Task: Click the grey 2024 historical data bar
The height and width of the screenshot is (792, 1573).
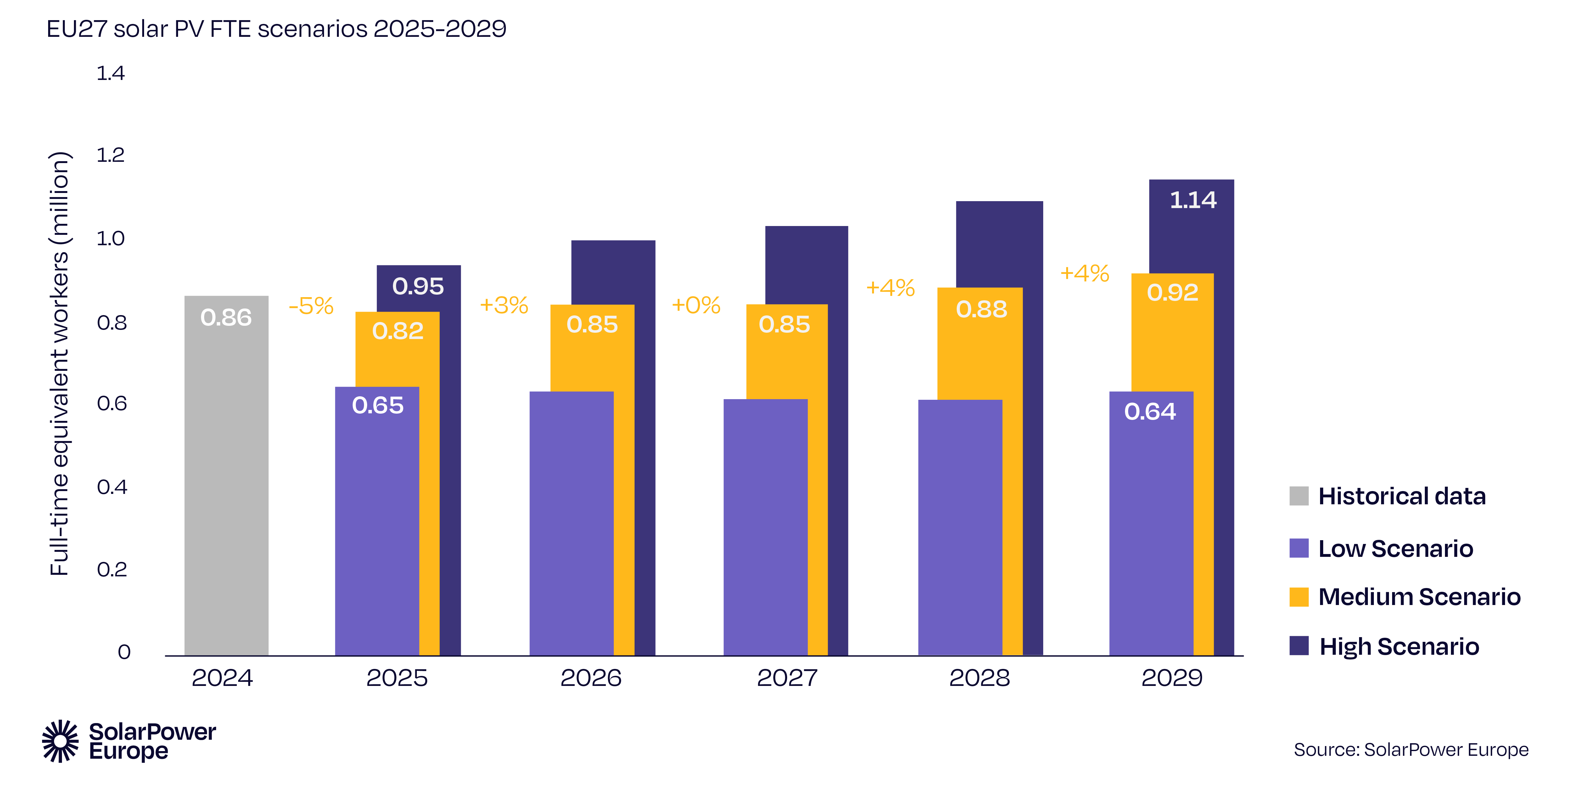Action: (x=226, y=477)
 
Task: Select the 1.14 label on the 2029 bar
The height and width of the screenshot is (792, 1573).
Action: (x=1193, y=200)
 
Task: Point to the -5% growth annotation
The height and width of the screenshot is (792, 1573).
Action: (x=311, y=306)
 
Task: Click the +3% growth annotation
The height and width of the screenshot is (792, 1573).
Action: (x=504, y=305)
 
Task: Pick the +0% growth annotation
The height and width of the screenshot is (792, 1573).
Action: (x=696, y=305)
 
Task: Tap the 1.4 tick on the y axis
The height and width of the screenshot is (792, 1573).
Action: (x=110, y=73)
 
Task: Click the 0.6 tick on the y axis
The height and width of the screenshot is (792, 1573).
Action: (x=112, y=403)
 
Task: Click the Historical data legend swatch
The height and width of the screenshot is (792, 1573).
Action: (x=1299, y=495)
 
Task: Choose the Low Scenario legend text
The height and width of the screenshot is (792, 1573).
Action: (x=1395, y=549)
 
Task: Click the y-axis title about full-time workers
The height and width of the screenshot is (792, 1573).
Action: (x=59, y=364)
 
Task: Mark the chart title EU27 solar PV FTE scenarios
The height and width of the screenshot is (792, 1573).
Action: (x=276, y=29)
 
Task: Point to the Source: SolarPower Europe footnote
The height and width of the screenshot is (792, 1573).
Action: (x=1411, y=750)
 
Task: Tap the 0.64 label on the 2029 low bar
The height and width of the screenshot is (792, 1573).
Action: (x=1150, y=411)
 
